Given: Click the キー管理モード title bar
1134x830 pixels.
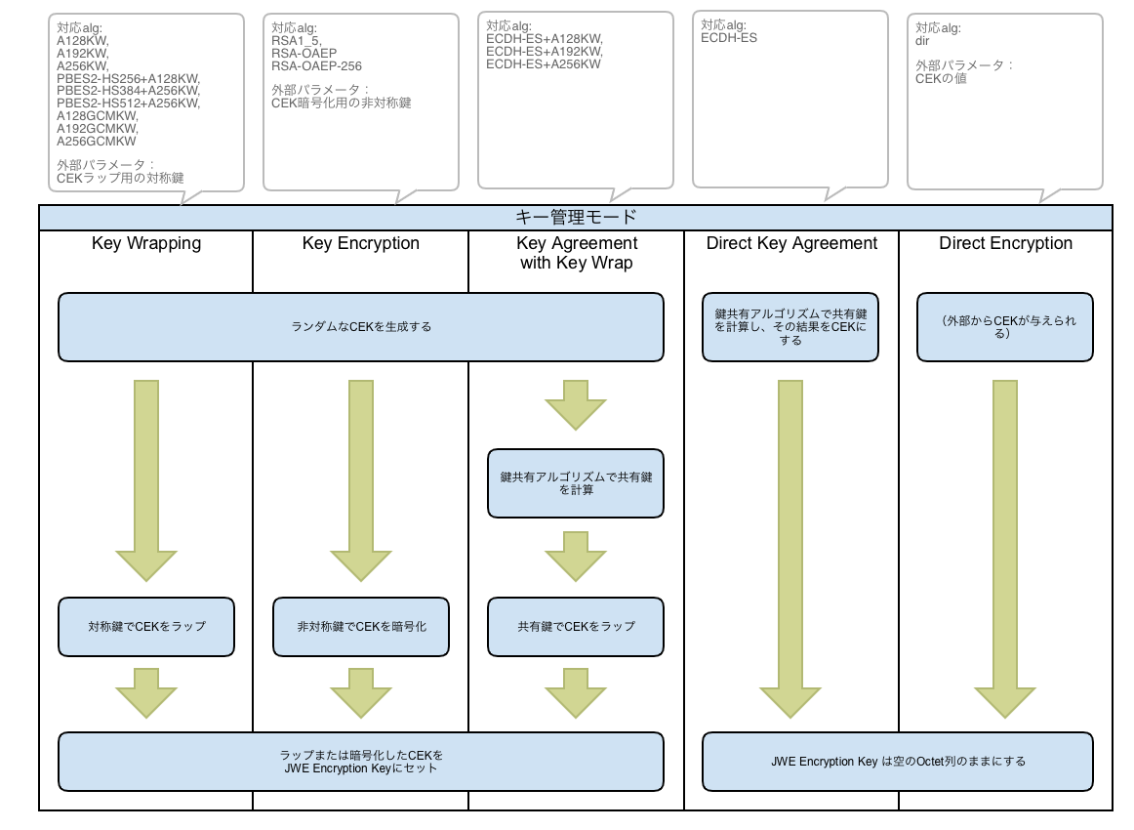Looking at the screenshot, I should [576, 217].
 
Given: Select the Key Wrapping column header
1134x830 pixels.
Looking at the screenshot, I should [146, 243].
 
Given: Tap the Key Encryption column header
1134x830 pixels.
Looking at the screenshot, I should [361, 243].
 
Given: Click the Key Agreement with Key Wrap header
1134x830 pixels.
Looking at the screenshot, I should [577, 253].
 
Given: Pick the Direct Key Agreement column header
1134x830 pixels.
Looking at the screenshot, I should [791, 243].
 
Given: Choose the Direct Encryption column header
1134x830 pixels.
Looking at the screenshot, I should [1005, 243].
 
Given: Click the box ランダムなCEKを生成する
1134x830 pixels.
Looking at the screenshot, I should [361, 327].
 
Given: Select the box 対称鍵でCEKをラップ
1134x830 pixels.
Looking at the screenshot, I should [146, 626].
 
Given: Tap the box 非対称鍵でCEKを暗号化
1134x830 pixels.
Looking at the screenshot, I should [361, 626].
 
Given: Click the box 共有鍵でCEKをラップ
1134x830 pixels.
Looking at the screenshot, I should [576, 626].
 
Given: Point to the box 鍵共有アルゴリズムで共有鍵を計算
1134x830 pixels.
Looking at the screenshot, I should [576, 483].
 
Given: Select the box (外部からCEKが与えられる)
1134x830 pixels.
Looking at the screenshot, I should [1005, 327].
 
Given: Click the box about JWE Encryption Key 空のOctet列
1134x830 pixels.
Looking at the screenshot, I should [898, 761].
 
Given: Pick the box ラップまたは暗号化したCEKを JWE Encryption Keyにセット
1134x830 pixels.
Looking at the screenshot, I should [361, 761].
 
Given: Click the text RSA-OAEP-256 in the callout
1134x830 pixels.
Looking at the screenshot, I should [316, 65].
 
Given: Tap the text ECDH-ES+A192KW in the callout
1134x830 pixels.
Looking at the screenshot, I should [544, 52].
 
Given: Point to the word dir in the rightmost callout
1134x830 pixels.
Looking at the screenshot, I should [922, 41].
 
